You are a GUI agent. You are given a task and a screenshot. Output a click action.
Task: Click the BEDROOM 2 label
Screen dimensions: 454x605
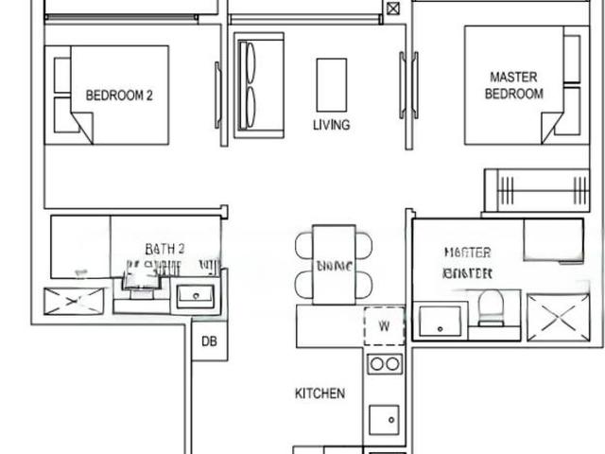point(119,95)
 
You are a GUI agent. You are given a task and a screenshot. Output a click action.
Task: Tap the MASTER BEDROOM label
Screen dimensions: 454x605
point(513,85)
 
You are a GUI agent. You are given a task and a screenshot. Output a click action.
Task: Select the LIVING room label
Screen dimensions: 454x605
point(331,125)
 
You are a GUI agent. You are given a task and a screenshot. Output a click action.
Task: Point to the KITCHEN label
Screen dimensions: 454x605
point(320,393)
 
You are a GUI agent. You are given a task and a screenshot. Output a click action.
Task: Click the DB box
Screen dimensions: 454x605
point(209,341)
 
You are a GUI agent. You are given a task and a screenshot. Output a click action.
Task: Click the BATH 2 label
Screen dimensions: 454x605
point(164,249)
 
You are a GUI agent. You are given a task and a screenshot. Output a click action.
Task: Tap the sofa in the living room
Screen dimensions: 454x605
point(258,85)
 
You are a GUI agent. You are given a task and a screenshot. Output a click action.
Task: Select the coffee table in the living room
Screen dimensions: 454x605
point(331,85)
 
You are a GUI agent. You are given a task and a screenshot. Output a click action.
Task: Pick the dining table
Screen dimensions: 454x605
point(334,264)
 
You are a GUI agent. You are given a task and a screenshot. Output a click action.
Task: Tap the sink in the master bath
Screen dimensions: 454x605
point(440,321)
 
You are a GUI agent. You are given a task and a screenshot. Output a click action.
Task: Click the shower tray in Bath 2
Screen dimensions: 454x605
point(74,301)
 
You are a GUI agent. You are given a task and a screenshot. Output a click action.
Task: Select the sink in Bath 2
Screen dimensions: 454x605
point(197,296)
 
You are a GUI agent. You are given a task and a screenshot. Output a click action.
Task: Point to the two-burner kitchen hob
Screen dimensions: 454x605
point(384,364)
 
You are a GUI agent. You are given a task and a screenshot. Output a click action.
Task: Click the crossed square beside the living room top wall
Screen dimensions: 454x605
point(392,9)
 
